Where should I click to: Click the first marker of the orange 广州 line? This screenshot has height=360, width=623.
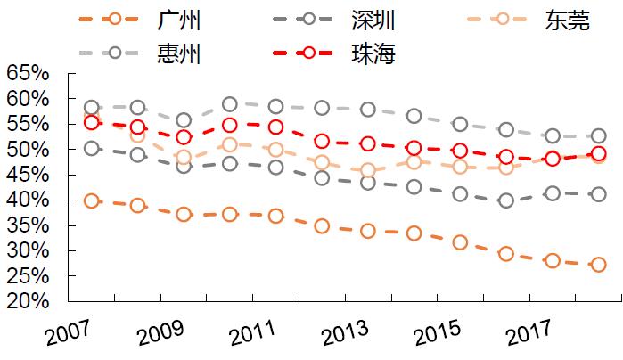[92, 200]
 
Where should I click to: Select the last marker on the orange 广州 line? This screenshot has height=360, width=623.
[599, 265]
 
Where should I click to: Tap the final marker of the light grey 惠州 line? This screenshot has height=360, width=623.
[599, 136]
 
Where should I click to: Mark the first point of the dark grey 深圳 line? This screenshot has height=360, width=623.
[92, 148]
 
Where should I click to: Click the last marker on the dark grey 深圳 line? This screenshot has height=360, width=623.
[599, 194]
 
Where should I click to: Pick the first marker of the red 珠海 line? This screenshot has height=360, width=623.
[92, 123]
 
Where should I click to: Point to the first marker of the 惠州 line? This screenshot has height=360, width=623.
[92, 108]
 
